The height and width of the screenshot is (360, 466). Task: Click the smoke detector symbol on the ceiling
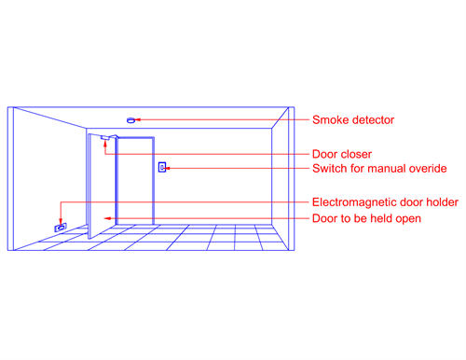130,119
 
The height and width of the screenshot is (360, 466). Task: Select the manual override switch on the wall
161,168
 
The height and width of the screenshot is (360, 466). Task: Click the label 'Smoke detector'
353,119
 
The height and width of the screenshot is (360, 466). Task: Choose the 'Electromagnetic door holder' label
384,202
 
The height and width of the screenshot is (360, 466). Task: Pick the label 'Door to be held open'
366,218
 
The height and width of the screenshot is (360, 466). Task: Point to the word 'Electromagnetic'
352,202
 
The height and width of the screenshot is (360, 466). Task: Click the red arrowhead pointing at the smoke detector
143,119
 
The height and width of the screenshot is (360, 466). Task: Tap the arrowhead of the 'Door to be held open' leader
108,218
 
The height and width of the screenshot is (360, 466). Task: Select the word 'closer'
360,154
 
